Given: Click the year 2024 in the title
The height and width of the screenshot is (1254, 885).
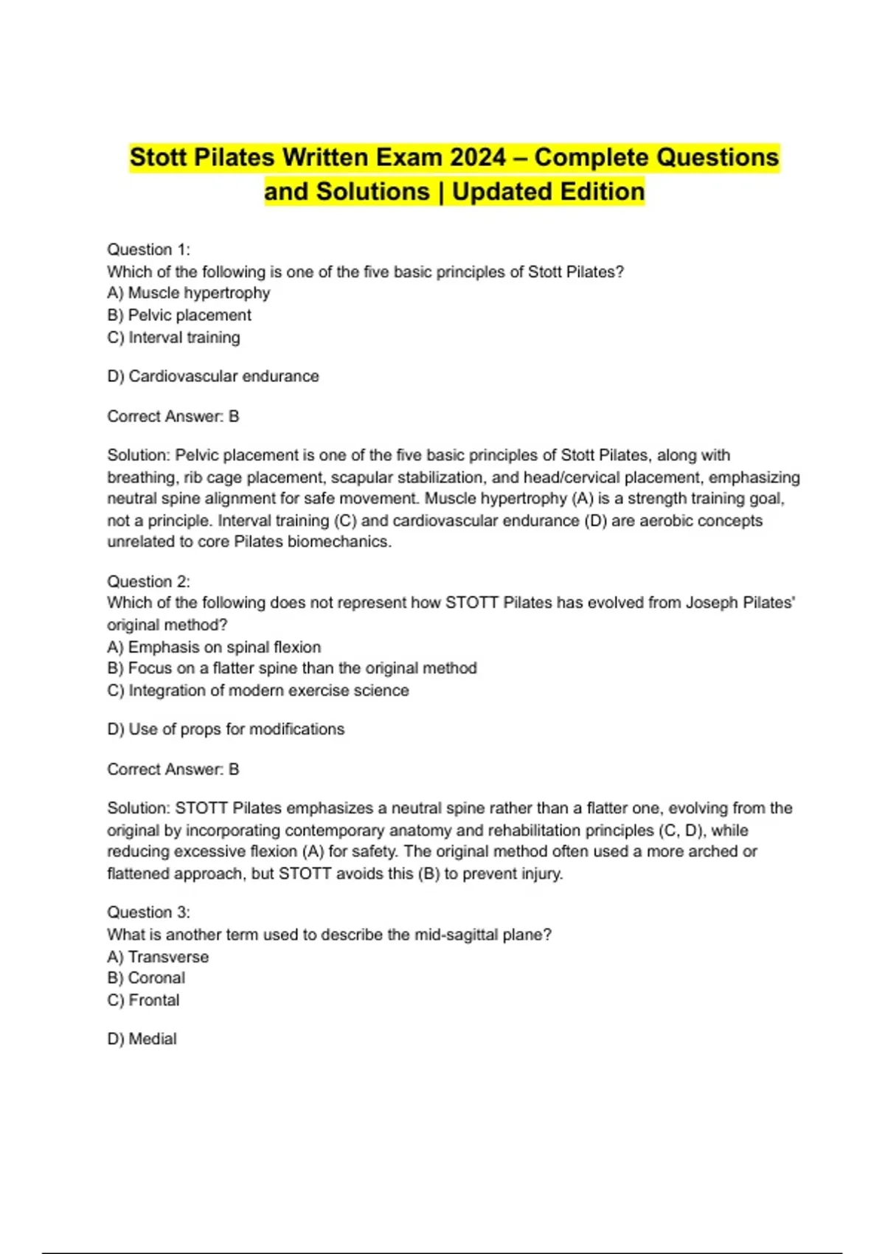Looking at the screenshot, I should (x=478, y=157).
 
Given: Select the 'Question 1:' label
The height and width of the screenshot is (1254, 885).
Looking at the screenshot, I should (x=148, y=249).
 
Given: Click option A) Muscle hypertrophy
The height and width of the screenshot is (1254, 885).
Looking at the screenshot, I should (x=189, y=293).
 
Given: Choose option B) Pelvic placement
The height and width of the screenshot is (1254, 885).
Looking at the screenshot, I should (x=179, y=315).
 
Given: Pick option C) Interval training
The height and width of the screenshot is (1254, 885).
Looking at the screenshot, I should (x=174, y=337).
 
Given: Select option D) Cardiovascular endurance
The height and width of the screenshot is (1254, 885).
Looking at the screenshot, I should (x=213, y=376).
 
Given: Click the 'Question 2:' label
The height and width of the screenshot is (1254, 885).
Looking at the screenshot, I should (x=148, y=581).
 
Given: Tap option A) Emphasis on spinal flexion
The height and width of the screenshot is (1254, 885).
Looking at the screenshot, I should (x=214, y=647).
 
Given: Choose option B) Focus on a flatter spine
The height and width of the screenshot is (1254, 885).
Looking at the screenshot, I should (x=292, y=668).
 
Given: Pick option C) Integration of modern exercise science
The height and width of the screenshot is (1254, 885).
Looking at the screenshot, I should (x=258, y=690).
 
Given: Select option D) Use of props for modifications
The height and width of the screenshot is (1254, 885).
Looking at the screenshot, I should (x=226, y=729).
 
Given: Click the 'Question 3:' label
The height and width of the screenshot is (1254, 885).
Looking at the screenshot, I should (x=148, y=912).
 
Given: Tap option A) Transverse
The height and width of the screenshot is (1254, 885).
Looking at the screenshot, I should (x=158, y=957).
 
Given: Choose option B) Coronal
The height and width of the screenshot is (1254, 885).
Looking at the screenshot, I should (x=146, y=978).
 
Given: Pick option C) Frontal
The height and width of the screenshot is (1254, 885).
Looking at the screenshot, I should (x=143, y=1000).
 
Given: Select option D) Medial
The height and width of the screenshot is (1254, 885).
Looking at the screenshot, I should (x=142, y=1039).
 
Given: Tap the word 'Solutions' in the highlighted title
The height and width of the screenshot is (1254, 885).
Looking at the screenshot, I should (x=373, y=192).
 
